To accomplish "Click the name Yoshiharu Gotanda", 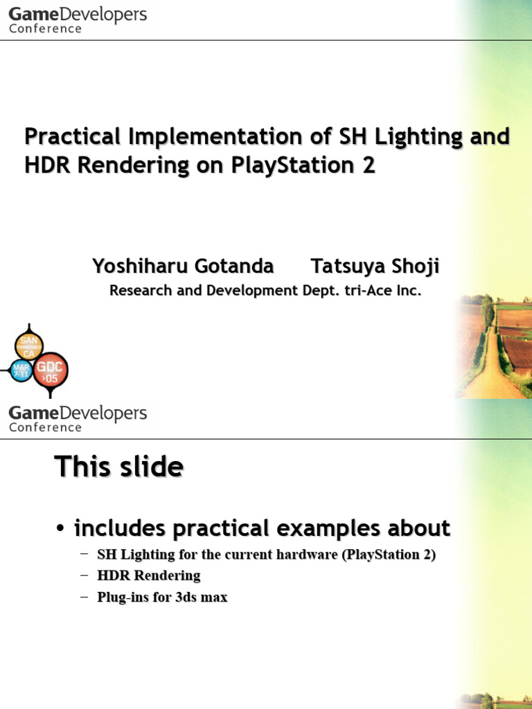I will pos(183,267).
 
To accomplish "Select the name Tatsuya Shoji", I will pos(375,267).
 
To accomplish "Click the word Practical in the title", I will pos(72,137).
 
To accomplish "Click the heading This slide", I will pos(118,467).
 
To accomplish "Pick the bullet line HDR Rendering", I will pos(148,575).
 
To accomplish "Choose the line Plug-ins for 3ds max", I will pos(162,597).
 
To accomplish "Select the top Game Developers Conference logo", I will pos(78,19).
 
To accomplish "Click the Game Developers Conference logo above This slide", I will pos(78,418).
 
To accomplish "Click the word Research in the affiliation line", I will pos(141,291).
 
